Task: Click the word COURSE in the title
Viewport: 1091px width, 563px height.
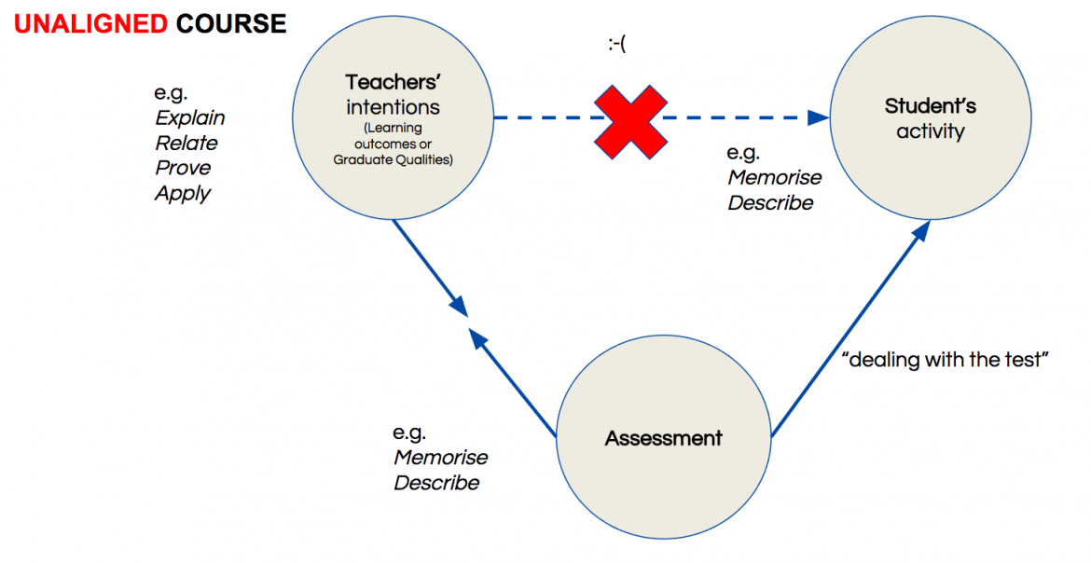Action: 231,23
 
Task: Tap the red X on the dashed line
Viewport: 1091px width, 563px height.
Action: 631,119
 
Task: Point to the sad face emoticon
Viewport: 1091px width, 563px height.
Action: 615,44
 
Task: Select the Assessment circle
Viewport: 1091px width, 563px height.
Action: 663,438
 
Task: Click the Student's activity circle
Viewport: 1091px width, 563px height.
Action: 929,119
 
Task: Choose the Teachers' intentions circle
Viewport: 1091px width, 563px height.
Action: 393,119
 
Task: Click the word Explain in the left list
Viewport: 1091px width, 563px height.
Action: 190,118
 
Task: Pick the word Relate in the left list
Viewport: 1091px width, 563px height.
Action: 186,144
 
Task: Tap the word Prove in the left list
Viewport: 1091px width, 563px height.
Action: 183,169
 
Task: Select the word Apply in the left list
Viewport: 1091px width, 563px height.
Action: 183,194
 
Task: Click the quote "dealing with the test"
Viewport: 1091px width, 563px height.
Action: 946,361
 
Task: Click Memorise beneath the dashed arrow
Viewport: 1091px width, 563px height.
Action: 775,178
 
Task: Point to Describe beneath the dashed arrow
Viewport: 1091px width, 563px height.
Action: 770,203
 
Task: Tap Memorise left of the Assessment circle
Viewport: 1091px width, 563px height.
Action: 441,458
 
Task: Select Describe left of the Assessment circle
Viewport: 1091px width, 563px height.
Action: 436,483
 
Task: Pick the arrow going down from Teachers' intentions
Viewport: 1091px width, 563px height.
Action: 429,267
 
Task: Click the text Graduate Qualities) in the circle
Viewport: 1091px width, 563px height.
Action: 393,159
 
